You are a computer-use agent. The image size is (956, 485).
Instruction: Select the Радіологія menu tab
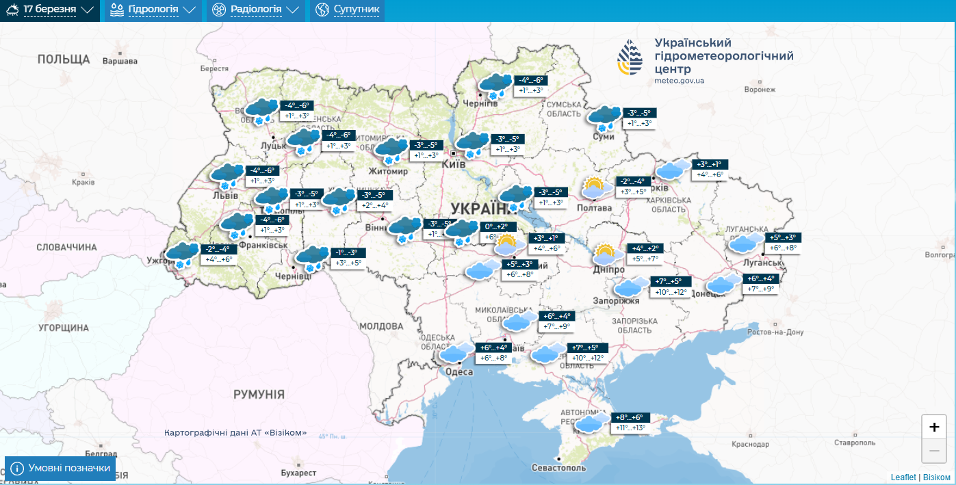(255, 10)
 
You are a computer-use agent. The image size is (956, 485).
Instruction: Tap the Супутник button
(348, 10)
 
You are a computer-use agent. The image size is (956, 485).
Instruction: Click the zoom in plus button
(934, 427)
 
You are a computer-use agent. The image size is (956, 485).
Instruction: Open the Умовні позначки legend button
(60, 468)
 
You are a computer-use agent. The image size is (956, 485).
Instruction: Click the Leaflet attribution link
(903, 477)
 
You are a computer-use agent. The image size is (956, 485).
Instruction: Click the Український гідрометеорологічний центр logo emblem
(630, 57)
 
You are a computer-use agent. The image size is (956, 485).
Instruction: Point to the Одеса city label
(459, 371)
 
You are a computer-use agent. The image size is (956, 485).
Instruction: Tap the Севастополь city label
(559, 469)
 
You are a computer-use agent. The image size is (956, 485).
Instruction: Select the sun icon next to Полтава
(593, 187)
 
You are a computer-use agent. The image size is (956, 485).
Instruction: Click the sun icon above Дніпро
(604, 254)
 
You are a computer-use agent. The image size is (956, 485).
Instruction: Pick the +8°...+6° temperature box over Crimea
(630, 417)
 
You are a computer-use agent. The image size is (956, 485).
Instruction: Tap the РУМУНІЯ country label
(259, 394)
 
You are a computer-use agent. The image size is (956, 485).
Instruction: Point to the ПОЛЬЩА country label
(64, 59)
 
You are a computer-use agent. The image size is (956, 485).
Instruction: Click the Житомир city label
(388, 171)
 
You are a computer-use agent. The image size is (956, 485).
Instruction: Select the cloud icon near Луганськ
(745, 243)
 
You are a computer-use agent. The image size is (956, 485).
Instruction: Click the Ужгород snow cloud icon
(183, 254)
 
